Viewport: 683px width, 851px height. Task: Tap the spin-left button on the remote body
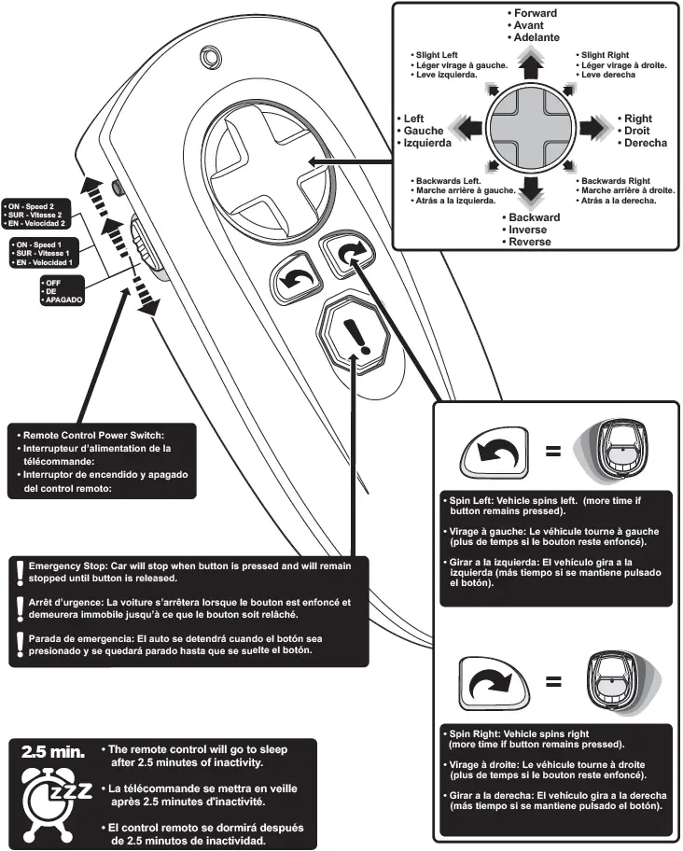click(292, 279)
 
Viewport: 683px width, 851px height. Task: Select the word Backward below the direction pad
click(534, 217)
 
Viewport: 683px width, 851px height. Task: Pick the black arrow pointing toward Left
click(470, 126)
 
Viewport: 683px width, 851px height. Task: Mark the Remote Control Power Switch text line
click(93, 435)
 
